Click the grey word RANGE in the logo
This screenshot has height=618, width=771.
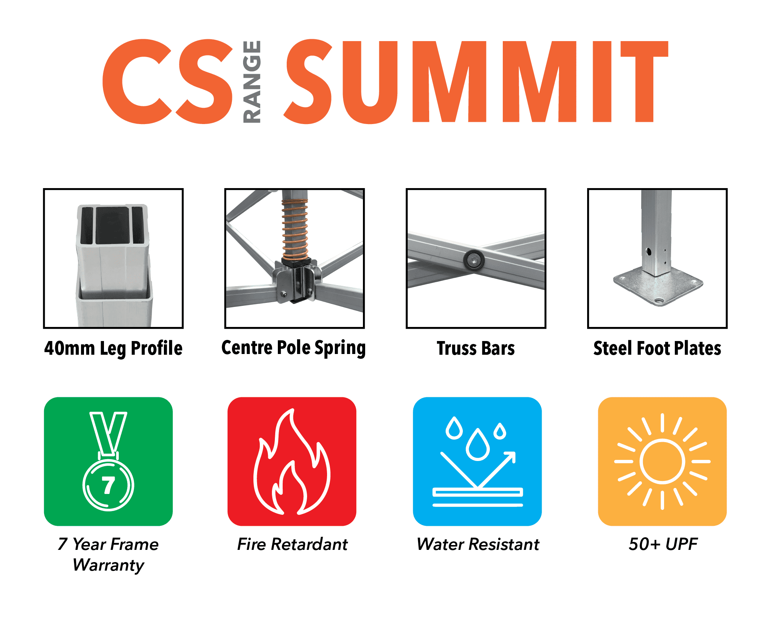point(252,81)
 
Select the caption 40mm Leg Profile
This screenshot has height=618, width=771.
point(113,348)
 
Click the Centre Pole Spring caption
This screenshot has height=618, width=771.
point(294,348)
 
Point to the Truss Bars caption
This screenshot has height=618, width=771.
point(476,348)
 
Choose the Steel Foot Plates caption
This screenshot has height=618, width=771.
point(657,348)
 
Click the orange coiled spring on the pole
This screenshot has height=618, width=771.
point(295,230)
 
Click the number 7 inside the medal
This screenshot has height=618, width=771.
point(108,485)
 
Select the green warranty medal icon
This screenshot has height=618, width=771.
point(108,461)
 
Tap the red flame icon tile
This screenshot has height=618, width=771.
point(292,461)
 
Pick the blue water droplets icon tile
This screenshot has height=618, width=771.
point(477,461)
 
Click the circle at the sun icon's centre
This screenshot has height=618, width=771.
point(662,461)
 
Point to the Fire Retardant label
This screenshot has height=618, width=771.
point(292,544)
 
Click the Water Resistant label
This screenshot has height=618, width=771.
point(478,544)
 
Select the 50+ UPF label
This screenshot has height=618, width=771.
point(663,544)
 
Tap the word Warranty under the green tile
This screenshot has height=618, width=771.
point(108,565)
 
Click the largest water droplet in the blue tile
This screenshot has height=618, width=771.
point(478,445)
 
